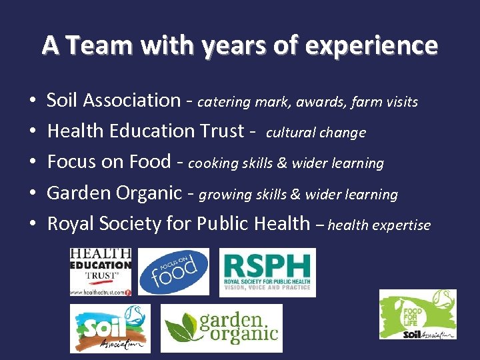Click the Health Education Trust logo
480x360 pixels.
coord(101,271)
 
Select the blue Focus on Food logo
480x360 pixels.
coord(173,271)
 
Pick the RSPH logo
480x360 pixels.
coord(267,272)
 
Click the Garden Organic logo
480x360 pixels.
coord(221,328)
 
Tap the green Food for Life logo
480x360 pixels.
coord(418,314)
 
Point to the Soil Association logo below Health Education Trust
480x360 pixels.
coord(110,328)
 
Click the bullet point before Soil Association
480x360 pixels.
coord(32,102)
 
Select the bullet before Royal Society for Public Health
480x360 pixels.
coord(32,225)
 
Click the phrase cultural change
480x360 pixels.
coord(316,133)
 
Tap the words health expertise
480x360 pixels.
coord(379,225)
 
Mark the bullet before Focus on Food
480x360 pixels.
coord(32,163)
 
